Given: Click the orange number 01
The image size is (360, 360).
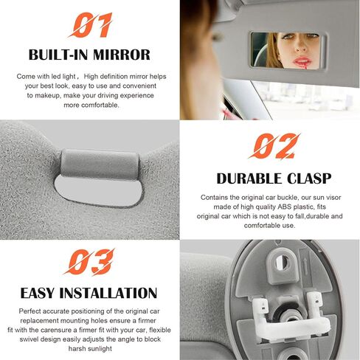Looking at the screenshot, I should point(89,26).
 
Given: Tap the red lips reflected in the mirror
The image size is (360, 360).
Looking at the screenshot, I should point(302,62).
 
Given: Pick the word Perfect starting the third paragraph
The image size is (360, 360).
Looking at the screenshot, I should point(31,311).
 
